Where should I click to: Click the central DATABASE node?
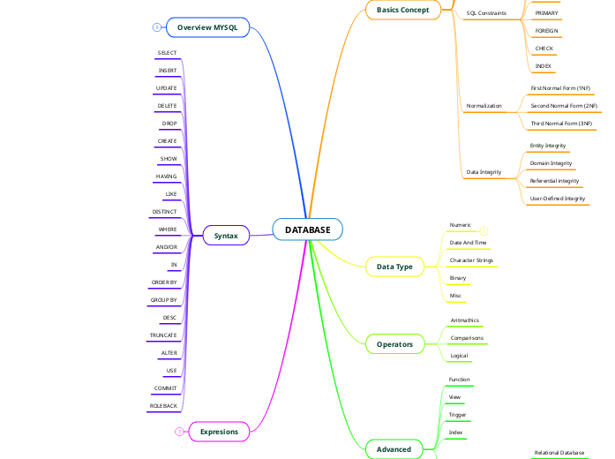tap(308, 230)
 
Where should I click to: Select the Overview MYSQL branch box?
tap(207, 27)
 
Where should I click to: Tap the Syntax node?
tap(226, 236)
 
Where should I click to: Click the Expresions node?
tap(220, 432)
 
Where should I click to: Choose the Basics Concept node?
tap(402, 10)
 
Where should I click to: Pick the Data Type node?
tap(394, 267)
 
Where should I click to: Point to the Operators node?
tap(394, 343)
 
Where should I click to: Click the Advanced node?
tap(394, 449)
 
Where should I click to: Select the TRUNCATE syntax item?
tap(163, 335)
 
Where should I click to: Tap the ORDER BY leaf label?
tap(164, 282)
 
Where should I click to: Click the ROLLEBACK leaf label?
tap(163, 406)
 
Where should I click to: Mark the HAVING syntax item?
tap(166, 177)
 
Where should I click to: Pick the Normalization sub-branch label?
tap(484, 106)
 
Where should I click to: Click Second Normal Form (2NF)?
tap(564, 106)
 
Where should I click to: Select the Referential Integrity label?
tap(554, 181)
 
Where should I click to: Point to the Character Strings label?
tap(471, 260)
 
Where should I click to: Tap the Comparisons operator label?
tap(467, 338)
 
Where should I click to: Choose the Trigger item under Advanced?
tap(457, 415)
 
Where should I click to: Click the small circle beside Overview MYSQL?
tap(156, 27)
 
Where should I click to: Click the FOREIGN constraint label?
tap(546, 31)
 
